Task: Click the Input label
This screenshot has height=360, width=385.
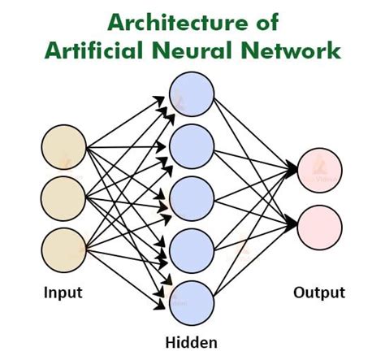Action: coord(64,292)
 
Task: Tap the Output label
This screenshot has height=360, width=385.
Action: coord(320,292)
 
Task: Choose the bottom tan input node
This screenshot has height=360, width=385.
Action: coord(64,248)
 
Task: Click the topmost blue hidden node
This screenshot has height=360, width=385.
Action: coord(191,93)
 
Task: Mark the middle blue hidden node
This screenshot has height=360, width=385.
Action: coord(191,196)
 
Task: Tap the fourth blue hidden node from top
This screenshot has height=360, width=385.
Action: coord(191,248)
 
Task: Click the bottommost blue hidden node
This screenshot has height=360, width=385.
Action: coord(191,300)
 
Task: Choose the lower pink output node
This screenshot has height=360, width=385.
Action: coord(320,224)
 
